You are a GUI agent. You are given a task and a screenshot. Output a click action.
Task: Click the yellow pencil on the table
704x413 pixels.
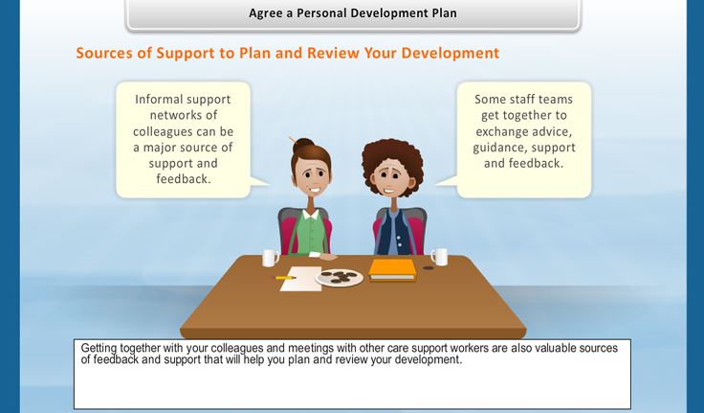[286, 278]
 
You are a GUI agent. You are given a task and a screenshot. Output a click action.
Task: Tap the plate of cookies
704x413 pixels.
[339, 277]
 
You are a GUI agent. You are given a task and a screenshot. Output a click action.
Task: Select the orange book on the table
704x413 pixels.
[392, 270]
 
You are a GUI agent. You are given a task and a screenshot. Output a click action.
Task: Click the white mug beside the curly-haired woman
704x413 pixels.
[440, 257]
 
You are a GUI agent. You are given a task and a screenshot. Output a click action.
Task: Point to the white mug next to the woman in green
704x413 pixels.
[271, 258]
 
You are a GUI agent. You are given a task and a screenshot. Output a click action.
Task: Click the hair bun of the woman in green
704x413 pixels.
[303, 145]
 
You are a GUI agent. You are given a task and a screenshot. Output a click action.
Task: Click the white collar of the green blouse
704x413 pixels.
[310, 214]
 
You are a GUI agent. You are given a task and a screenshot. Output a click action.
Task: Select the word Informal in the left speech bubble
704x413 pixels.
[157, 99]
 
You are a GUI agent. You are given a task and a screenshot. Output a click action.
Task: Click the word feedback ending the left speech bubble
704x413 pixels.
[182, 179]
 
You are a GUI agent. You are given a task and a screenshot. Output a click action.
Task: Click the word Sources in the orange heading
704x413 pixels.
[104, 53]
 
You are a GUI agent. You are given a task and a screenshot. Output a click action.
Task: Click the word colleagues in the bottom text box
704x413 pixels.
[236, 349]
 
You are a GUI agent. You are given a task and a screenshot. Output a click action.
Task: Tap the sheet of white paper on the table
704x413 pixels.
[300, 279]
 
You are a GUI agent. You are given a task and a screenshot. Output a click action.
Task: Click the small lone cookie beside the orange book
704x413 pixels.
[429, 267]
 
